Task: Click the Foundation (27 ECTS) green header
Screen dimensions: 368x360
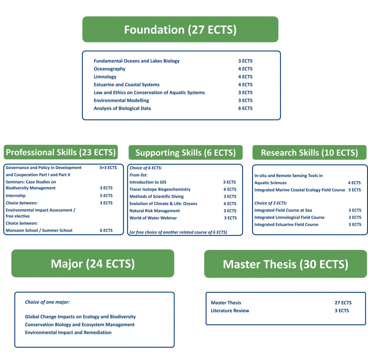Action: tap(180, 29)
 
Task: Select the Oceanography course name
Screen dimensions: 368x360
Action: tap(109, 69)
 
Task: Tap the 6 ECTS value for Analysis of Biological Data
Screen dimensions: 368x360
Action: tap(245, 108)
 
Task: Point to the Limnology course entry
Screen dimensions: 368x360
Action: tap(105, 77)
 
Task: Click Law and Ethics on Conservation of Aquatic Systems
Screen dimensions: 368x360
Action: tap(149, 93)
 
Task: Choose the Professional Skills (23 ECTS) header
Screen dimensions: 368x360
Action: tap(61, 152)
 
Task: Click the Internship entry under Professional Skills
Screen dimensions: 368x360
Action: tap(16, 195)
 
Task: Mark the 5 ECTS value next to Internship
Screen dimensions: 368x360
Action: tap(106, 195)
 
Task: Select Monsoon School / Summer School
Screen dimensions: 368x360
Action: tap(39, 230)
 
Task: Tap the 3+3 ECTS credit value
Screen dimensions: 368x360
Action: tap(108, 168)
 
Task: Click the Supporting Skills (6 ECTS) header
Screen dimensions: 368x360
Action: tap(186, 152)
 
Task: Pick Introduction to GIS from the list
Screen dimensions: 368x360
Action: tap(148, 182)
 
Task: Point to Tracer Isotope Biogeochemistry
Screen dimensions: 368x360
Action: tap(160, 189)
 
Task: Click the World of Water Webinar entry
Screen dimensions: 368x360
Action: tap(153, 218)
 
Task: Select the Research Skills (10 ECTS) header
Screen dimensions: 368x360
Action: tap(309, 152)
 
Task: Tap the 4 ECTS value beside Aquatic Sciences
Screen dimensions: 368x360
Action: tap(354, 183)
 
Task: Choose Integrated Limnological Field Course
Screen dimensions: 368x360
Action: tap(289, 217)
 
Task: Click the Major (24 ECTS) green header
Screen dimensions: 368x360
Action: tap(93, 263)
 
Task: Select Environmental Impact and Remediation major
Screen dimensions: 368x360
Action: tap(68, 332)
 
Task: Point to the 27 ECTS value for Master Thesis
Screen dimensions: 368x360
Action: tap(343, 303)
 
